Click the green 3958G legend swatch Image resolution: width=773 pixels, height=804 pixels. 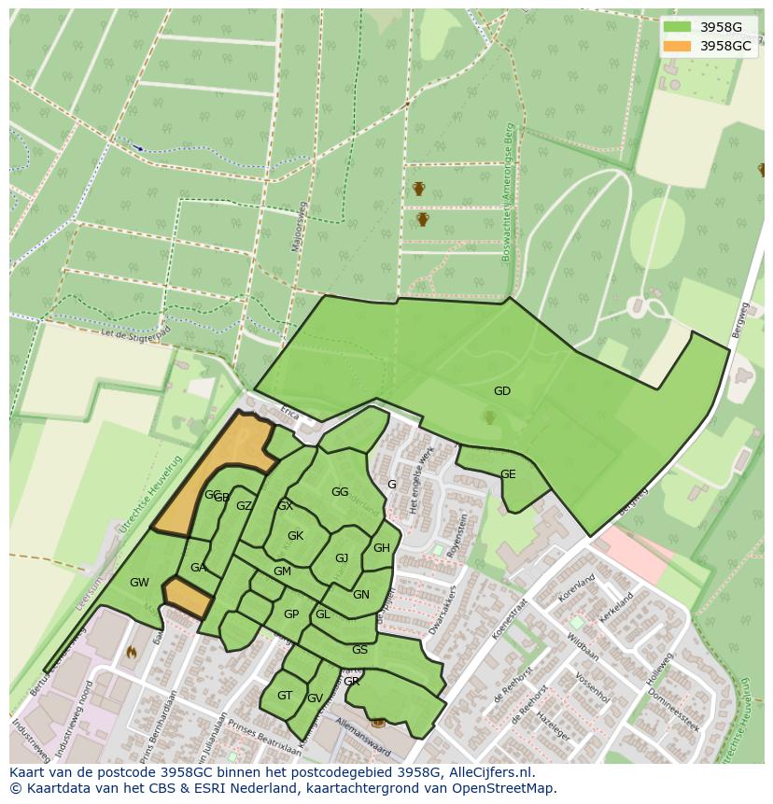tap(677, 26)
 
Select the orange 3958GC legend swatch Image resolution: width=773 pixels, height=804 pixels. tap(677, 45)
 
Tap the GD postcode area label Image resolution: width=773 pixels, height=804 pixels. tap(502, 391)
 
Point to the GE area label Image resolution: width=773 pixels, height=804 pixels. tap(508, 474)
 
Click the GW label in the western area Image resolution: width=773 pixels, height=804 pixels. tap(139, 583)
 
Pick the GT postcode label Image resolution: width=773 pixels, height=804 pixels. tap(285, 696)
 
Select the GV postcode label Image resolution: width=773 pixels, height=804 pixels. tap(315, 698)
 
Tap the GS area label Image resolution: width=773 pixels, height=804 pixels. tap(359, 650)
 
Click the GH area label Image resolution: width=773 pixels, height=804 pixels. tap(381, 548)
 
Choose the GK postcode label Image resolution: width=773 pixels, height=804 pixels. tap(295, 536)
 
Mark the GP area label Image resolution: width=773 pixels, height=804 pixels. tap(291, 614)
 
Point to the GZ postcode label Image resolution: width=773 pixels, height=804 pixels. tap(244, 506)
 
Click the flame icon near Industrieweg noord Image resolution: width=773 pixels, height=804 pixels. tap(131, 653)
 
